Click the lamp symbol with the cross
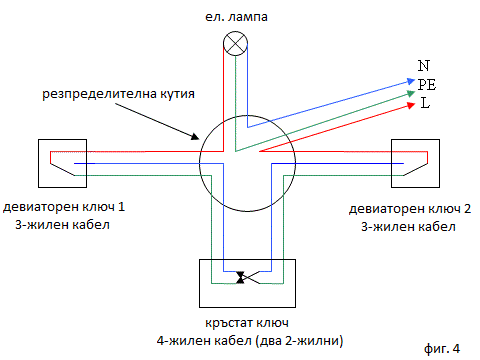click(x=235, y=44)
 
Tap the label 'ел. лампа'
click(x=236, y=17)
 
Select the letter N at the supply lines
click(x=424, y=65)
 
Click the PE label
click(x=427, y=84)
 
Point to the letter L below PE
click(x=425, y=103)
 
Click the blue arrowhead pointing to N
click(x=411, y=81)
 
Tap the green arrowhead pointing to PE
click(x=411, y=93)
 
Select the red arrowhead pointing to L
click(x=411, y=105)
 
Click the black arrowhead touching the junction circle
click(x=195, y=136)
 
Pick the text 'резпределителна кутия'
click(x=118, y=94)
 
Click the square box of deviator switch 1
click(x=62, y=163)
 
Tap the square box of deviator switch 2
click(x=415, y=163)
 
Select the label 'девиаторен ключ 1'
click(x=64, y=207)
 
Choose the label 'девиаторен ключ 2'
click(x=410, y=209)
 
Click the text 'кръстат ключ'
click(x=247, y=323)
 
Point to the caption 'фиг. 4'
click(x=442, y=349)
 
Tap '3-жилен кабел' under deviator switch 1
click(x=62, y=225)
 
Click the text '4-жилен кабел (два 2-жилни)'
click(x=250, y=341)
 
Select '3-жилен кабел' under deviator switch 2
click(x=408, y=227)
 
